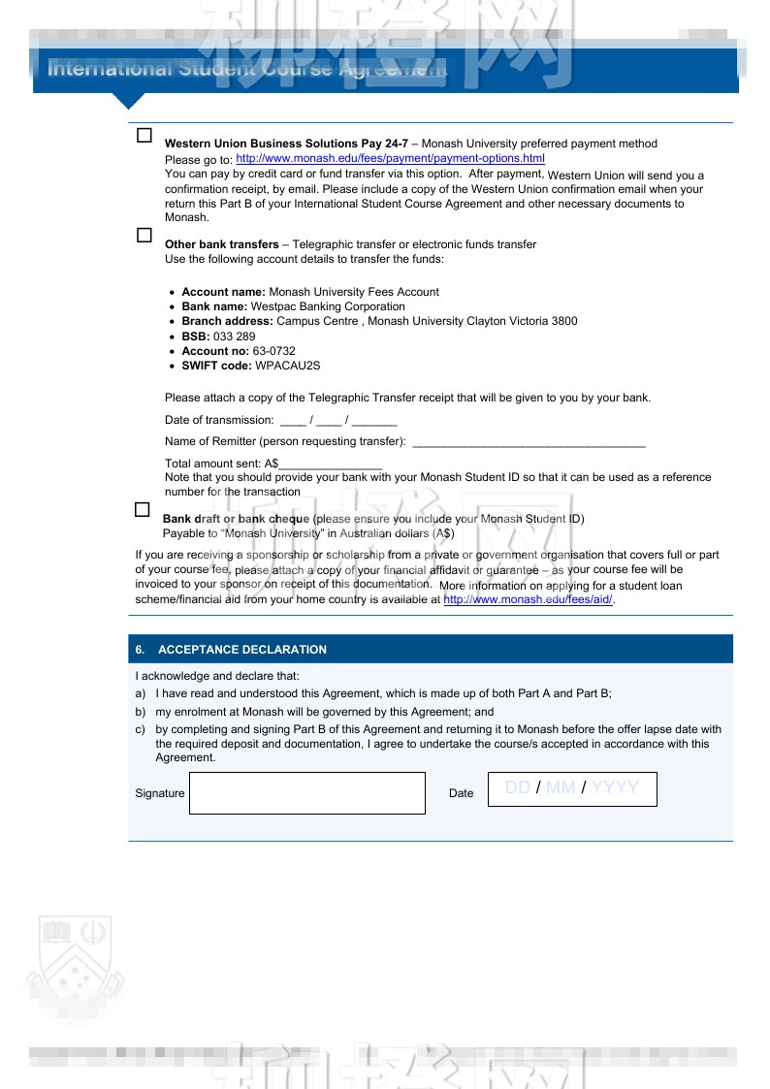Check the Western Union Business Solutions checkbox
144,136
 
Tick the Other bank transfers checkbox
144,236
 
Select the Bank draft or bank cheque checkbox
143,510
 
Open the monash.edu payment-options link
390,158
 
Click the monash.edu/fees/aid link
528,600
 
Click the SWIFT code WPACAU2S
287,366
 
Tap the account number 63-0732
273,351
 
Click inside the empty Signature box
306,793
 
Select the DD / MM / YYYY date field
571,788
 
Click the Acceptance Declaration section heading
241,650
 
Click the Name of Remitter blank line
529,442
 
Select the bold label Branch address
227,321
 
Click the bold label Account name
223,292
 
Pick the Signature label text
160,793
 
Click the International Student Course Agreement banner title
247,70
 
